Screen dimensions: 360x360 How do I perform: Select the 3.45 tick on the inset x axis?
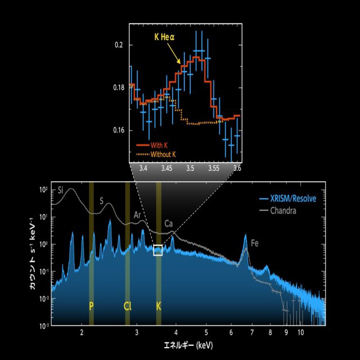[166, 168]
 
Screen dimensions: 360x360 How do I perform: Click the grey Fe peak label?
[255, 244]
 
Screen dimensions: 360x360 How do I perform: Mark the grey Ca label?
[168, 224]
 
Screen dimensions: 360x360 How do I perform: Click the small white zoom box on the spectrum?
[158, 250]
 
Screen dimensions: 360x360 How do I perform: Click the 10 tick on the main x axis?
[301, 333]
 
